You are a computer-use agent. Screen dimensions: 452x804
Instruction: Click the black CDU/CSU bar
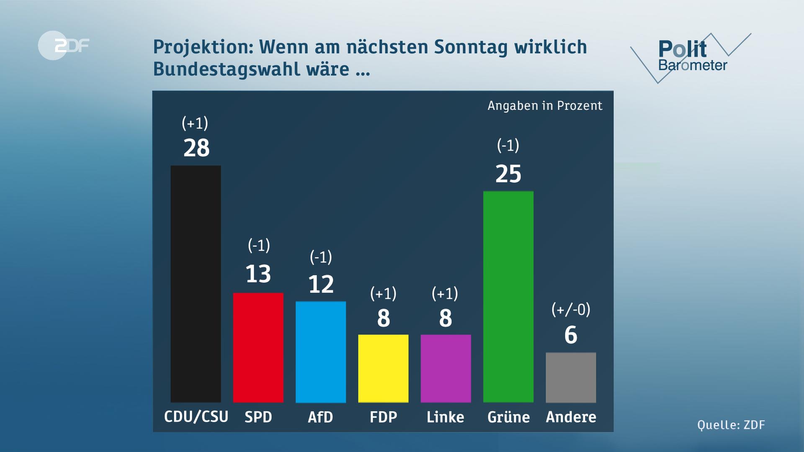(196, 284)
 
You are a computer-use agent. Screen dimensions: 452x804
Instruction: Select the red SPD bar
(258, 347)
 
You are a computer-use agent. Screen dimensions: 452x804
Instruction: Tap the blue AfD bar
(321, 352)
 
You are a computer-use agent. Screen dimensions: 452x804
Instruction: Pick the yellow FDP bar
(383, 368)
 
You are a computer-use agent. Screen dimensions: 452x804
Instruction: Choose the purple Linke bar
(446, 368)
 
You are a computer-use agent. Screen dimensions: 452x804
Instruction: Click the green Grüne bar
(508, 296)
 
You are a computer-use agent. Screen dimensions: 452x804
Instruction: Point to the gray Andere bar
(571, 377)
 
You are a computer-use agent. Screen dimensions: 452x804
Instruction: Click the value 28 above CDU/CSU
(196, 148)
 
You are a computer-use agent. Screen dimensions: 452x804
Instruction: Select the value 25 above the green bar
(508, 174)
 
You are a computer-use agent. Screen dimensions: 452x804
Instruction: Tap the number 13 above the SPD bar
(258, 274)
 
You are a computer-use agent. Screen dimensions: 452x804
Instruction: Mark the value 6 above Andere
(571, 335)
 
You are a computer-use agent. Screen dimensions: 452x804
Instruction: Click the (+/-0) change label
(571, 310)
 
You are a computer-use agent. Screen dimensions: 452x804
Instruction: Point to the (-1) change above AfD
(321, 257)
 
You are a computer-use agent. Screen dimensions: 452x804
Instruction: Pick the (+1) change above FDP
(383, 293)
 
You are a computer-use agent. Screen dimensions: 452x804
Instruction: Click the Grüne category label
(508, 417)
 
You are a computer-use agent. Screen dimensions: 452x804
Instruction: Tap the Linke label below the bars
(446, 417)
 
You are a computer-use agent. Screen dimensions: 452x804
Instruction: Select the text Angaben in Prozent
(545, 106)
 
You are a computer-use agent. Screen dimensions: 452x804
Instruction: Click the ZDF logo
(64, 45)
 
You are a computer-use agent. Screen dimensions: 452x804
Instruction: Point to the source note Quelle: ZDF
(731, 425)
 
